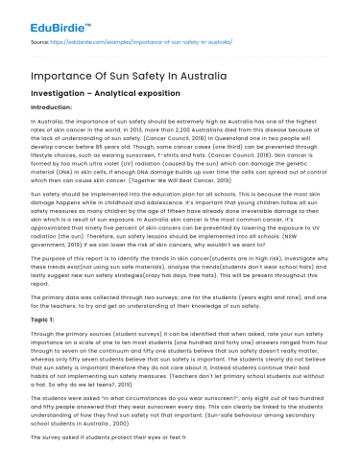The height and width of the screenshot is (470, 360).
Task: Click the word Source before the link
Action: tap(41, 43)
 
